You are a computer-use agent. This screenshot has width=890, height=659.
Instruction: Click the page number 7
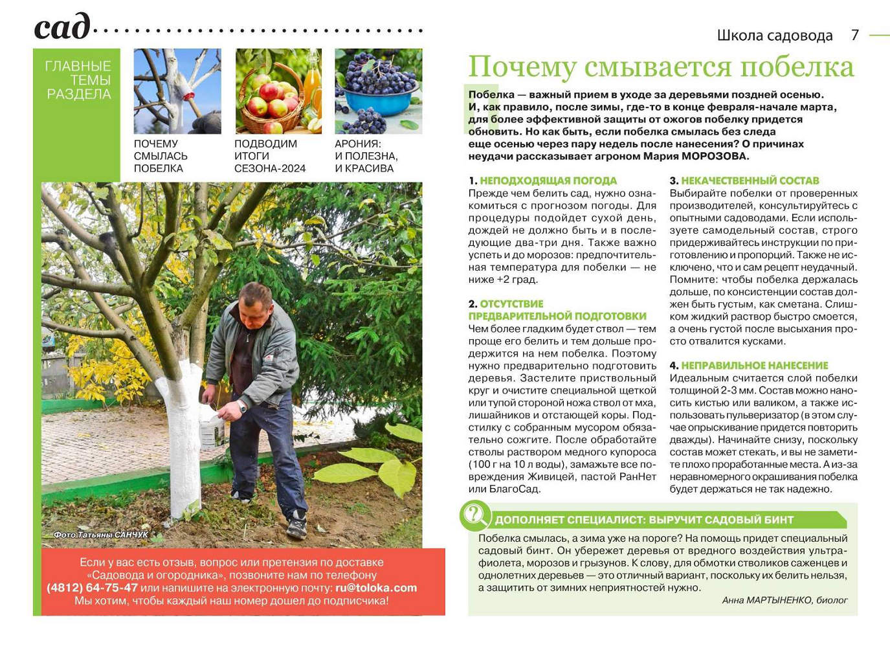(x=855, y=35)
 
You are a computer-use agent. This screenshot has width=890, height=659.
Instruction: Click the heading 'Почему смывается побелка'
(x=661, y=67)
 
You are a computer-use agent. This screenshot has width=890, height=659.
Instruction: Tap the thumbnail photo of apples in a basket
(x=278, y=91)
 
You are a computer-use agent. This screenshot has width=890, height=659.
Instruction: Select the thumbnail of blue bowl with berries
(x=378, y=91)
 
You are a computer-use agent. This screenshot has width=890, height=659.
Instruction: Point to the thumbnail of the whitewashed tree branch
(x=177, y=91)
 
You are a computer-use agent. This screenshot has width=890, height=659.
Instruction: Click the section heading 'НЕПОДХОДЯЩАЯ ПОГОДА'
(x=548, y=181)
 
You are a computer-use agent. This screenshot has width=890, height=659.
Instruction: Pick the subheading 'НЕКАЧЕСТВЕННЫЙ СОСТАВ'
(x=750, y=181)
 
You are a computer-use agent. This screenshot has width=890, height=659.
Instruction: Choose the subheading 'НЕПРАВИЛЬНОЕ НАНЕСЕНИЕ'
(x=754, y=366)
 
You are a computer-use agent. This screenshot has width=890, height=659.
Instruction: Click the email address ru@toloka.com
(x=376, y=588)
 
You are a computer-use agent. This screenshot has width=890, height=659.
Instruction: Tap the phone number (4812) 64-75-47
(x=93, y=588)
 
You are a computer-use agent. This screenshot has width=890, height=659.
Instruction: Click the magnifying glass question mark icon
(x=474, y=515)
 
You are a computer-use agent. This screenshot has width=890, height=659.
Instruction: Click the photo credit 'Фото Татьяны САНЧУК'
(x=101, y=535)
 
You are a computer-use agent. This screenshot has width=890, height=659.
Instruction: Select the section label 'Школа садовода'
(x=774, y=36)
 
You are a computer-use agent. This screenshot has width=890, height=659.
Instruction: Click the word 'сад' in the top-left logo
(x=61, y=28)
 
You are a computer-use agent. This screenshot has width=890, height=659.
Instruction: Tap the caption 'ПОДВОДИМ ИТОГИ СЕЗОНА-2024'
(x=270, y=156)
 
